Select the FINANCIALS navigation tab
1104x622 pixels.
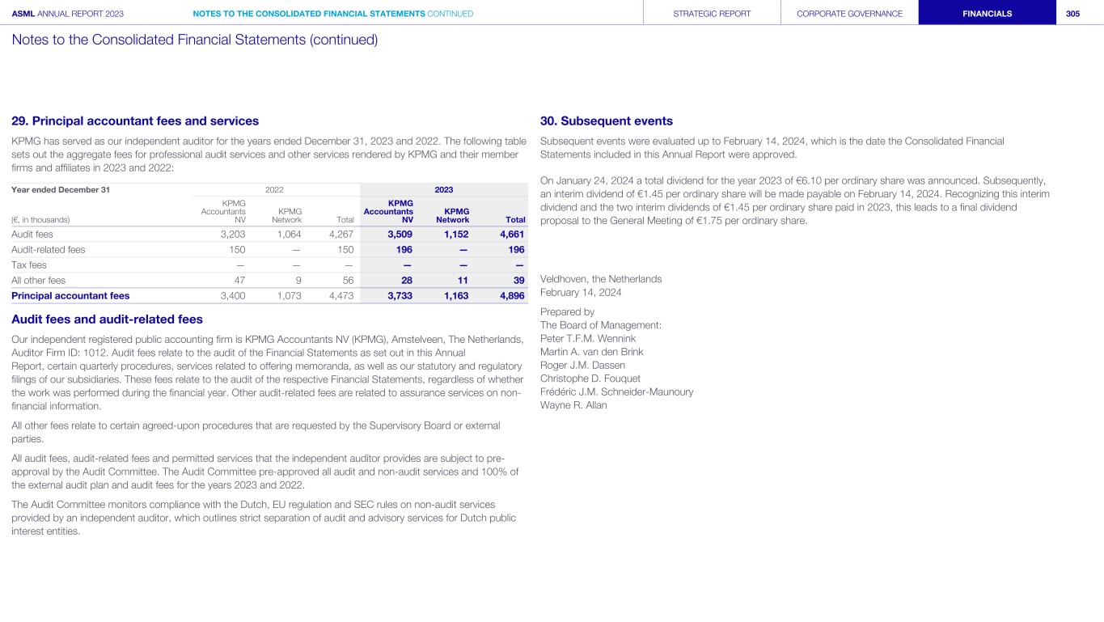tap(987, 14)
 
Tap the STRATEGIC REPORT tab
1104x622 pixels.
tap(712, 14)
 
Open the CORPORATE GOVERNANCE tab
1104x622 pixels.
tap(849, 14)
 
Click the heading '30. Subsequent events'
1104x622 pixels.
tap(606, 121)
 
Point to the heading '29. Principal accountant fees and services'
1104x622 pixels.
tap(135, 121)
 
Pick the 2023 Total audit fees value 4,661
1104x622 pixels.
tap(510, 235)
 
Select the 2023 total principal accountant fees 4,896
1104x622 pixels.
tap(510, 295)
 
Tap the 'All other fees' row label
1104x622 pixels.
tap(38, 280)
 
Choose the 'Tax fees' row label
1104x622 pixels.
tap(29, 264)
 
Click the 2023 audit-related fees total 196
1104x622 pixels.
tap(515, 250)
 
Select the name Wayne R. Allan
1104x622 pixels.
tap(573, 405)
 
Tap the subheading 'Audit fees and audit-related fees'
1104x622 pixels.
tap(107, 319)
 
